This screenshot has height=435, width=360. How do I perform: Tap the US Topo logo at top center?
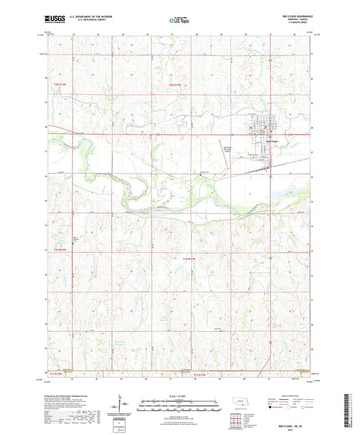[179, 21]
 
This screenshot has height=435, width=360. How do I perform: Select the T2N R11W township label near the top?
[176, 84]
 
